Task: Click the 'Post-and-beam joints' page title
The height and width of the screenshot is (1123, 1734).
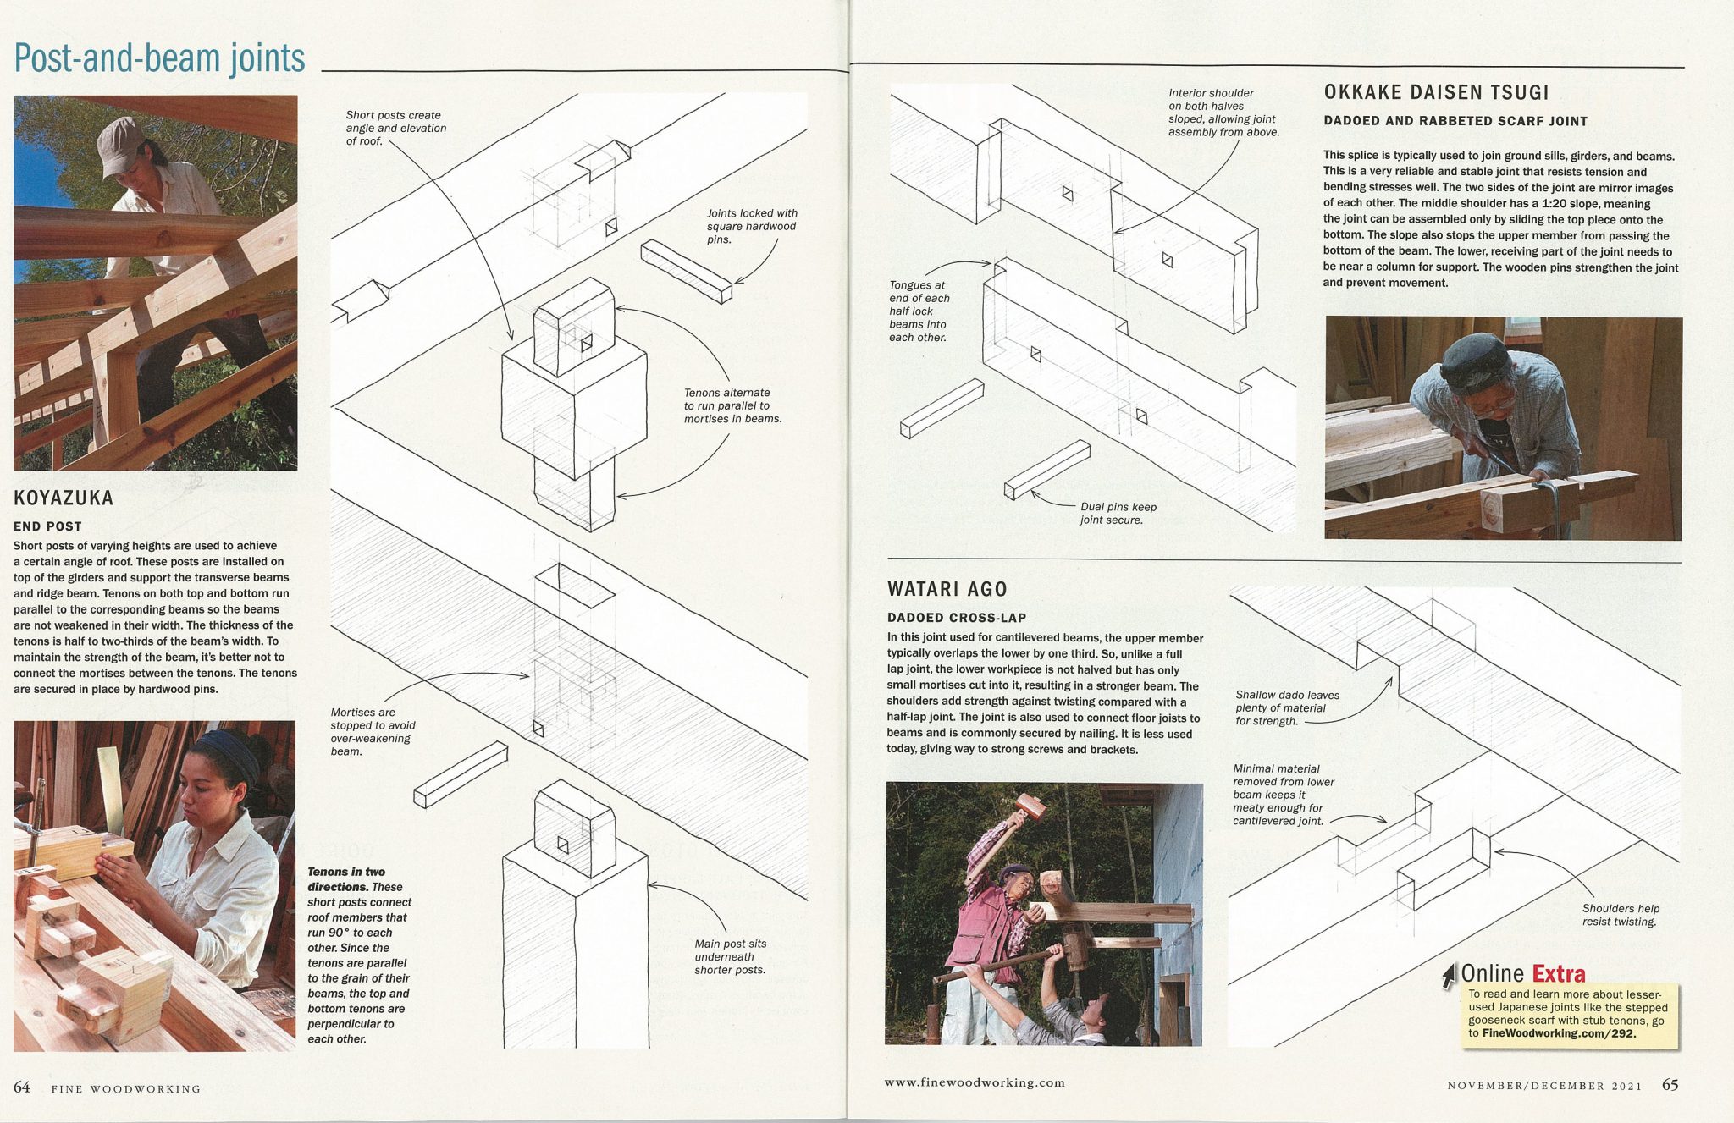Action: click(x=159, y=58)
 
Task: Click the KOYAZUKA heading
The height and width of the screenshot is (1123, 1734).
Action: click(x=64, y=498)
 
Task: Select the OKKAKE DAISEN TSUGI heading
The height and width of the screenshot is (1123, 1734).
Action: click(x=1436, y=92)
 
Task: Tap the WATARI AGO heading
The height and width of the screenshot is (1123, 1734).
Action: click(x=947, y=589)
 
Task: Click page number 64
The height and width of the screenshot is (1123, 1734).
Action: click(x=21, y=1087)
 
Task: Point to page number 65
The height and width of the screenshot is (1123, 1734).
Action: click(x=1670, y=1085)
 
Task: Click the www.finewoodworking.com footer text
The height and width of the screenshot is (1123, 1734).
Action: click(x=975, y=1082)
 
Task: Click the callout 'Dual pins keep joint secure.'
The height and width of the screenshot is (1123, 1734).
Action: click(x=1118, y=513)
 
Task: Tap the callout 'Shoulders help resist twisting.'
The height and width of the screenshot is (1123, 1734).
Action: click(x=1620, y=915)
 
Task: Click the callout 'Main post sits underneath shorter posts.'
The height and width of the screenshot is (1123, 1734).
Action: click(x=730, y=956)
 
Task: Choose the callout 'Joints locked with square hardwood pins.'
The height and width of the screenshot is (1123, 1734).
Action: click(x=752, y=226)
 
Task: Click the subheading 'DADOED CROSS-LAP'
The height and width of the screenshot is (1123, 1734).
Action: click(x=956, y=618)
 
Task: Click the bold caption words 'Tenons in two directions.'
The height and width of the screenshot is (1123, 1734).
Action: click(x=346, y=879)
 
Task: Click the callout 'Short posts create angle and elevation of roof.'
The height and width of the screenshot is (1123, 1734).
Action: click(x=395, y=128)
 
